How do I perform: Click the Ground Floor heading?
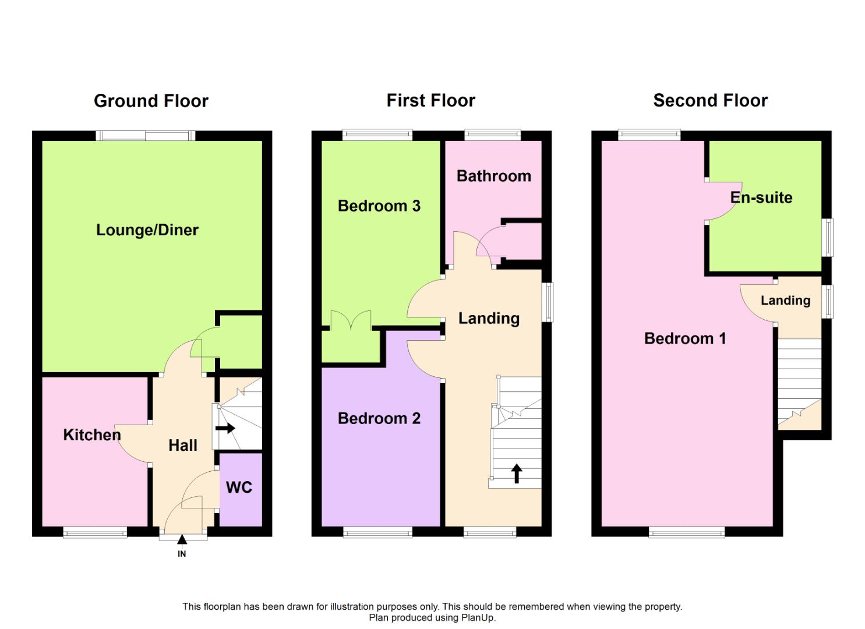[151, 101]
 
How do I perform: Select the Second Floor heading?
[710, 100]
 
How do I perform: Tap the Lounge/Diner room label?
[147, 230]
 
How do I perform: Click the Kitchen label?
[92, 434]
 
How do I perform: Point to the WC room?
[239, 487]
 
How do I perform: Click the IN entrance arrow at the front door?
[182, 540]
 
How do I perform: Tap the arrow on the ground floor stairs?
[225, 429]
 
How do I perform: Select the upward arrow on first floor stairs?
[516, 473]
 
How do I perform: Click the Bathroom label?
[493, 176]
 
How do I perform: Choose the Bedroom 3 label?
[379, 206]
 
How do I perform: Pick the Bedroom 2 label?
[379, 418]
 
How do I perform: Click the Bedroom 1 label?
[685, 338]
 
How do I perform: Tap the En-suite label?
[761, 197]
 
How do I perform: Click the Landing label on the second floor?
[785, 301]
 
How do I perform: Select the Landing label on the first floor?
[489, 318]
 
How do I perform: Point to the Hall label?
[183, 446]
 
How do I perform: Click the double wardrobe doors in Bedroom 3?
[351, 322]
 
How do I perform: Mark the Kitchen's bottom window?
[95, 532]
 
